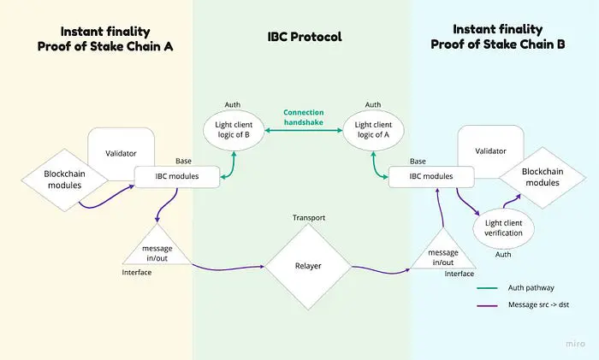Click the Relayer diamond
309,266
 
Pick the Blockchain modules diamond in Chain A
65,179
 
